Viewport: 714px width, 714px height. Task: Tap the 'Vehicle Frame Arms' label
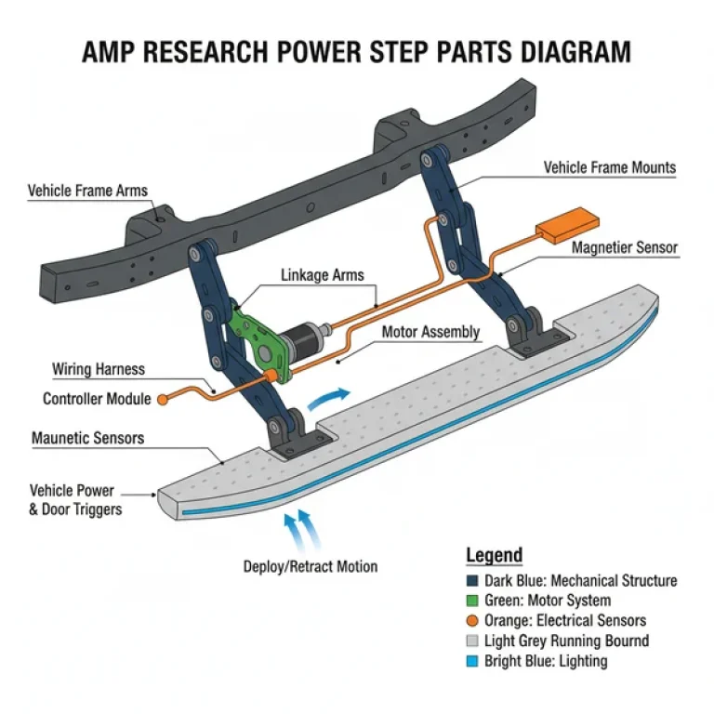pos(87,192)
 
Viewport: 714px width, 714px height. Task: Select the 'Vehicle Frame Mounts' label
pos(609,168)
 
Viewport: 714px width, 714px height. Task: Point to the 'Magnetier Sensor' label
pos(624,248)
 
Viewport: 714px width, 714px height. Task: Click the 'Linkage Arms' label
pos(323,275)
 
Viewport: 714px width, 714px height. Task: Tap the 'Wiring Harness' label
pos(99,369)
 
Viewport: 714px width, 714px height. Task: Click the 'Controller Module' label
pos(97,399)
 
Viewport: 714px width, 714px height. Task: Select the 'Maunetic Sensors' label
pos(88,437)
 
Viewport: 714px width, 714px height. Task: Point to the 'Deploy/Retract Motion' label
pos(311,566)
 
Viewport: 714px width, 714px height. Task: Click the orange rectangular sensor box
pos(567,224)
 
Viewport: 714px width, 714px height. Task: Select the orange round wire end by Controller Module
pos(162,400)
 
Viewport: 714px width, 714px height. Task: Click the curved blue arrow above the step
pos(329,397)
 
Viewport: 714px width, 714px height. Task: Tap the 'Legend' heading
pos(494,556)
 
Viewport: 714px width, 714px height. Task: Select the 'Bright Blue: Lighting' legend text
pos(546,661)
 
